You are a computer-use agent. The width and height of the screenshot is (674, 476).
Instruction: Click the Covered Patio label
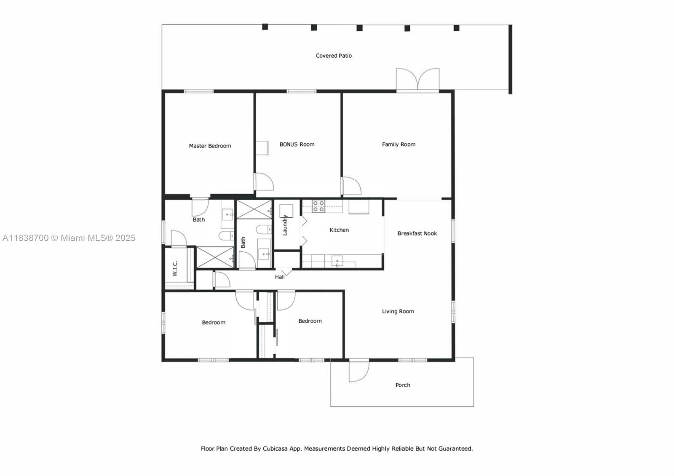tap(334, 56)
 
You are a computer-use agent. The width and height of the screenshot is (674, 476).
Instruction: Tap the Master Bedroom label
tap(210, 146)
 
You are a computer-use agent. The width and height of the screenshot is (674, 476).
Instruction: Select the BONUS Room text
tap(297, 144)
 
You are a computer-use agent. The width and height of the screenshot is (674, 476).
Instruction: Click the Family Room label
tap(399, 144)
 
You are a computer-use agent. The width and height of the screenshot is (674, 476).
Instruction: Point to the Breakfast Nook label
tap(417, 233)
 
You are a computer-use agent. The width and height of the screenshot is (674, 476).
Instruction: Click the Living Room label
tap(398, 311)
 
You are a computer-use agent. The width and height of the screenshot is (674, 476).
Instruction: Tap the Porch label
tap(403, 385)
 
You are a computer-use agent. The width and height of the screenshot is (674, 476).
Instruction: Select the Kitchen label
tap(339, 230)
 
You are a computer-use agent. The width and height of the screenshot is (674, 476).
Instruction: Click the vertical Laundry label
tap(285, 225)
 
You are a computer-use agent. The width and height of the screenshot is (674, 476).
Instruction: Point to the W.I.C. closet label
tap(175, 268)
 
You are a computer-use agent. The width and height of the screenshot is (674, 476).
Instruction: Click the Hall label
tap(280, 277)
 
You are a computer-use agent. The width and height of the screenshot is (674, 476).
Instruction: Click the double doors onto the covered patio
tap(417, 79)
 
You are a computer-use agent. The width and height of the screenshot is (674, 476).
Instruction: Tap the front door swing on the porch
tap(358, 371)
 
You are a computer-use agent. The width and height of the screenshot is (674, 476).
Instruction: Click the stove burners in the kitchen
tap(318, 206)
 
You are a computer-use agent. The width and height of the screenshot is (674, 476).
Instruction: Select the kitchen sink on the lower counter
tap(337, 262)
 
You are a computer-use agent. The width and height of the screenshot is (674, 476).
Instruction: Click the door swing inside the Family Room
tap(351, 186)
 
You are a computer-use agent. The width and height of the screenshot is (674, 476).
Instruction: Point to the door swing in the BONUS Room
tap(264, 182)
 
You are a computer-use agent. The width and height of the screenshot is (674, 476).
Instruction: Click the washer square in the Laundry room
tap(286, 211)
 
